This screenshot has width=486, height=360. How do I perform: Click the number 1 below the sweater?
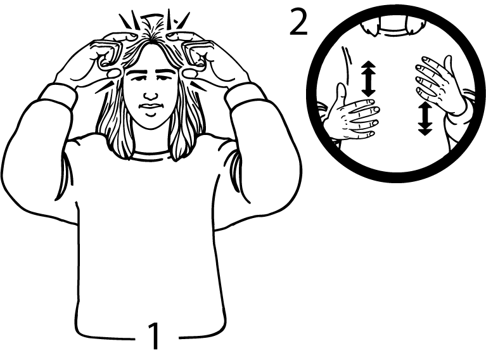pyautogui.click(x=154, y=336)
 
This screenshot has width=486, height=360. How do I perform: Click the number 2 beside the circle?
pyautogui.click(x=298, y=22)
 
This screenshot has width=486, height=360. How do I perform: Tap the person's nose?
pyautogui.click(x=150, y=94)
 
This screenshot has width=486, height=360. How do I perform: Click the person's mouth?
pyautogui.click(x=150, y=106)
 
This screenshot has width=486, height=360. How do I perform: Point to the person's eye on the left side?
pyautogui.click(x=138, y=78)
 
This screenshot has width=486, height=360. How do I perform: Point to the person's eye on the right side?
pyautogui.click(x=163, y=78)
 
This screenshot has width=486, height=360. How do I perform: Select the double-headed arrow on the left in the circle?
pyautogui.click(x=368, y=79)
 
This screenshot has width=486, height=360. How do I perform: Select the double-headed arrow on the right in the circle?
pyautogui.click(x=425, y=119)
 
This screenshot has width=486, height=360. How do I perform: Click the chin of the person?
pyautogui.click(x=151, y=122)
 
